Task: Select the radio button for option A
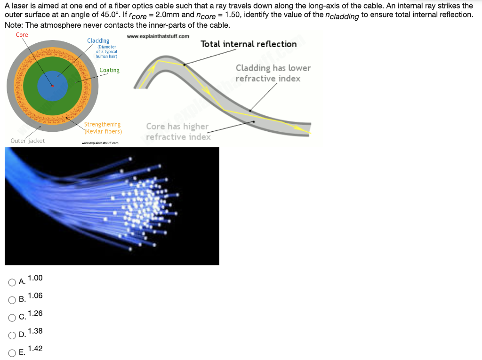12,282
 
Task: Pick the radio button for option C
12,318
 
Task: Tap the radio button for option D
12,336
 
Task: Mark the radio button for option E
12,353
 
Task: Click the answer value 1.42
35,349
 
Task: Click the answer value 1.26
35,313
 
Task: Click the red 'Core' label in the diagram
22,35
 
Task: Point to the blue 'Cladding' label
98,41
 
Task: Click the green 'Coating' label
110,70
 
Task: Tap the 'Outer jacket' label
28,141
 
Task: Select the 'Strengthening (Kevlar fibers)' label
103,128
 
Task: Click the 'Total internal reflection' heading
249,44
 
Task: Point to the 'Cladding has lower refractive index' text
273,73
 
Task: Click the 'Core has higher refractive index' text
178,131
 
